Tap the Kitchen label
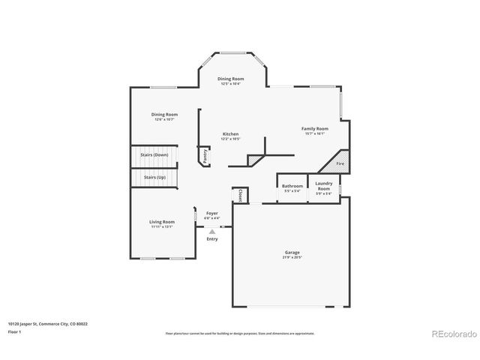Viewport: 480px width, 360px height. click(x=230, y=133)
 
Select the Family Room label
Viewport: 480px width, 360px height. click(x=315, y=128)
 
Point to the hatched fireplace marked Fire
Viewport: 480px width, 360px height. click(x=339, y=163)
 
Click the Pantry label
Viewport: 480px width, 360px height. click(x=205, y=155)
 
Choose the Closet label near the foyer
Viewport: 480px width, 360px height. click(x=240, y=195)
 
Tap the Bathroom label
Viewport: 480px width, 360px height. click(x=292, y=186)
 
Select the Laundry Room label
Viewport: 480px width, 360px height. click(x=324, y=185)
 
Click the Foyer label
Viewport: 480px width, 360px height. click(x=212, y=213)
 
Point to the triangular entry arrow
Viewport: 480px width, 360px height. click(x=212, y=232)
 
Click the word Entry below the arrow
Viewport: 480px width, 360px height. click(x=212, y=238)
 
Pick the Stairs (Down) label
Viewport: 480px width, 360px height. click(x=155, y=154)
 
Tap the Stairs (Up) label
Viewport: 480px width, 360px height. click(x=155, y=177)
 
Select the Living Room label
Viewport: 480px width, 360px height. click(x=161, y=221)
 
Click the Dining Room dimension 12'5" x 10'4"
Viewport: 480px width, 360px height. click(x=230, y=84)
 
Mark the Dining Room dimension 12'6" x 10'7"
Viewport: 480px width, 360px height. click(x=164, y=119)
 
